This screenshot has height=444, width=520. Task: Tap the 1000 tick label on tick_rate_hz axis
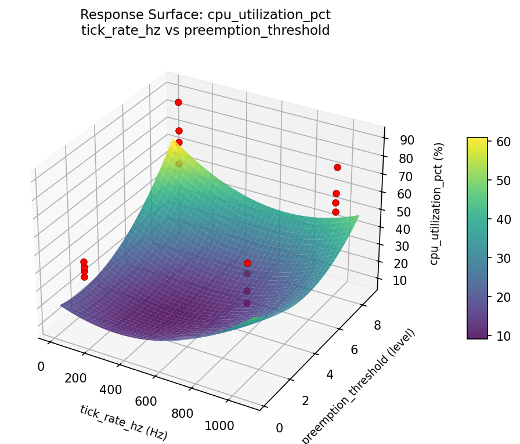point(219,425)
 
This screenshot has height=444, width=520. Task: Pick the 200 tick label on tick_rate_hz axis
point(75,378)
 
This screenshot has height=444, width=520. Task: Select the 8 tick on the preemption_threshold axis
point(378,326)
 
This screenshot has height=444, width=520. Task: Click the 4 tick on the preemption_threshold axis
point(330,374)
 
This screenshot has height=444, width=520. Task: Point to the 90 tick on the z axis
point(406,140)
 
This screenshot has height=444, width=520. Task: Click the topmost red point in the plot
point(178,102)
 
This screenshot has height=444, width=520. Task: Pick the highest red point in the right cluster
point(337,167)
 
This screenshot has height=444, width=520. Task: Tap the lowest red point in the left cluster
point(84,277)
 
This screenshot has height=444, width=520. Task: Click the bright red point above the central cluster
point(248,263)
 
